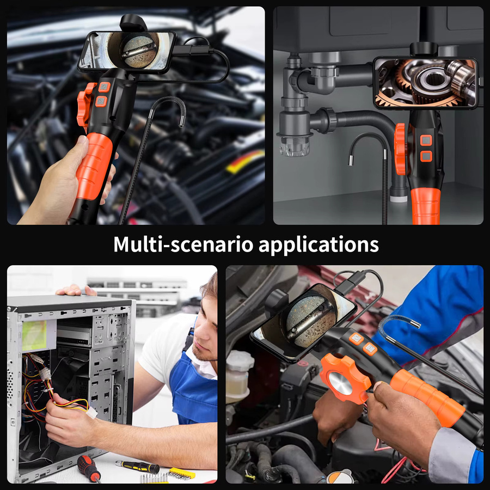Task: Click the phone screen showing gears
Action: (425, 83)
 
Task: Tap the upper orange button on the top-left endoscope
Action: (105, 87)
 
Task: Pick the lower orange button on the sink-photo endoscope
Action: (426, 156)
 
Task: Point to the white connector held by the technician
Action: (91, 413)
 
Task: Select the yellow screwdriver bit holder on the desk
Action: (182, 474)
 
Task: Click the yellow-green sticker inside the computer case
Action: (34, 335)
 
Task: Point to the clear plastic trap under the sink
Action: (295, 145)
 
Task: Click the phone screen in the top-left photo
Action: (127, 51)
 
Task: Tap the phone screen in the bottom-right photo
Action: (303, 321)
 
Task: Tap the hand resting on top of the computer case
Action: (76, 291)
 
